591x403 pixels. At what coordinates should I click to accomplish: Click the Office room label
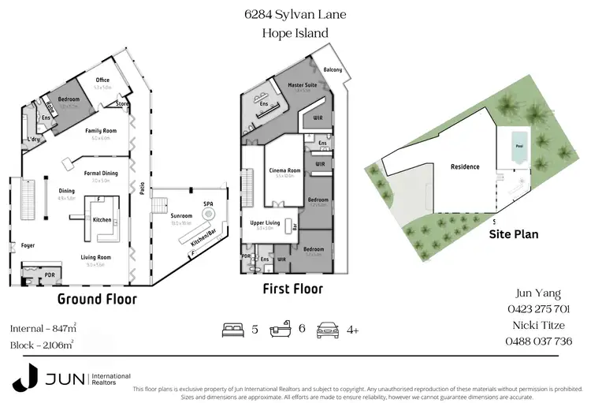click(x=102, y=80)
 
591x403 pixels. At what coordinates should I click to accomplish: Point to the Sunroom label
click(x=182, y=215)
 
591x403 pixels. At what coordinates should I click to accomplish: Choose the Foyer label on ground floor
click(x=28, y=245)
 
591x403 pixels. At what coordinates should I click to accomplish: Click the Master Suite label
click(x=303, y=84)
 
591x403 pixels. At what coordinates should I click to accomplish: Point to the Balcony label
click(x=333, y=69)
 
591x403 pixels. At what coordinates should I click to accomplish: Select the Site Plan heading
click(x=514, y=234)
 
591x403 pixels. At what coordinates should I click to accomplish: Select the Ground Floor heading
click(x=97, y=299)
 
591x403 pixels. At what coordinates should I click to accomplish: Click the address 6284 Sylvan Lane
click(x=295, y=14)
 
